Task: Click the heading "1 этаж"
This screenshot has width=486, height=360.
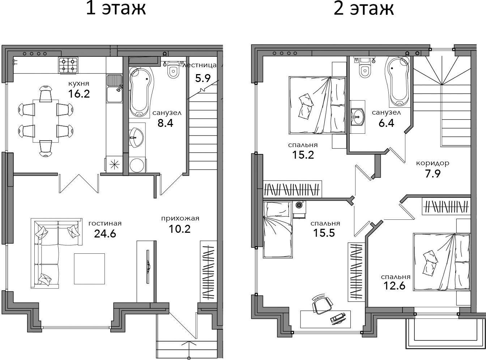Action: click(x=116, y=8)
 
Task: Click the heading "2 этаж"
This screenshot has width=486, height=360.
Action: click(x=364, y=8)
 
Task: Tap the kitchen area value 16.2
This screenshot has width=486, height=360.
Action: click(x=79, y=94)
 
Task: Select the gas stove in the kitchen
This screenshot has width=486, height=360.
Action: click(x=68, y=65)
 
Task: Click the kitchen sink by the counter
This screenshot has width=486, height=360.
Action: click(x=114, y=89)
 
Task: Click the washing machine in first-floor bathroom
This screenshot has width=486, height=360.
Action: click(x=137, y=165)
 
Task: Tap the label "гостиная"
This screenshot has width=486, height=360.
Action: click(x=105, y=223)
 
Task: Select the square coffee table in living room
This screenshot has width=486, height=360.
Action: click(x=89, y=269)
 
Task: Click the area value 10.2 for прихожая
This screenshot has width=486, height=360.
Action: click(x=180, y=229)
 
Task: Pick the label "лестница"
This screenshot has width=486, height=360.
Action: click(x=199, y=65)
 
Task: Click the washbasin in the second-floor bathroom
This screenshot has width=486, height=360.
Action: click(x=358, y=117)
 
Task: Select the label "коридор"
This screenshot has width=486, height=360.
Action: click(x=432, y=163)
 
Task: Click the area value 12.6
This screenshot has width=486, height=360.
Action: click(x=395, y=286)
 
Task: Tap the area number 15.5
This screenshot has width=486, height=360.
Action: click(x=324, y=233)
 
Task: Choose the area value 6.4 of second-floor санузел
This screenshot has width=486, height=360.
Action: click(x=386, y=123)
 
